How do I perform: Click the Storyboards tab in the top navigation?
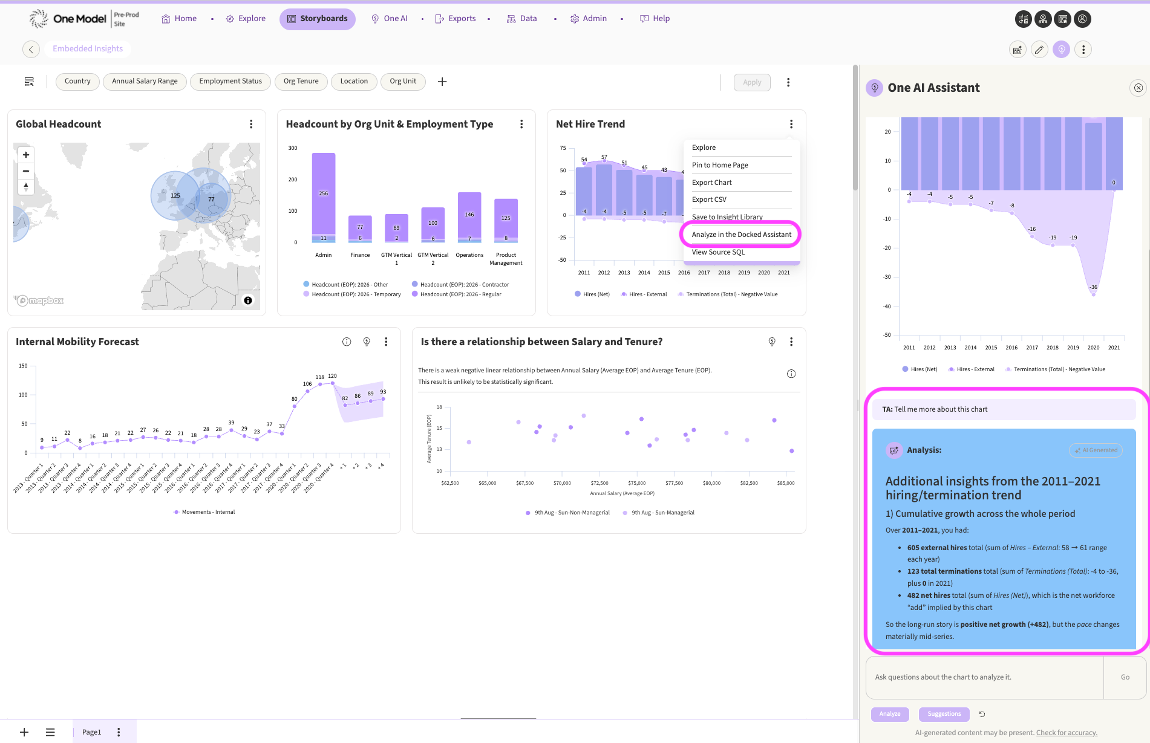tap(317, 19)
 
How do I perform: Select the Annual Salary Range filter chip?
tap(145, 82)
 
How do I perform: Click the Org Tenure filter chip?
tap(301, 82)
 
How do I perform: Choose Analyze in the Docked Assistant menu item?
tap(741, 235)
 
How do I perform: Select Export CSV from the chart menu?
tap(709, 200)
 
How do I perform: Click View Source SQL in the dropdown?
tap(718, 252)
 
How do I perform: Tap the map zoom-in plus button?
tap(26, 155)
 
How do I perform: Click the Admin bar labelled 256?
tap(324, 194)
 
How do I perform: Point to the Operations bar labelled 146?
tap(469, 215)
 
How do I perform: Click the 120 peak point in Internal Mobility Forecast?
tap(333, 383)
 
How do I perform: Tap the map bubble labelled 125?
tap(175, 195)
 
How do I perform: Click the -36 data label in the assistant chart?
tap(1093, 287)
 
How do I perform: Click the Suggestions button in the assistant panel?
tap(944, 714)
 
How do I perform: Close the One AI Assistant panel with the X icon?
tap(1138, 88)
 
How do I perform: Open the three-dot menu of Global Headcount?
tap(251, 124)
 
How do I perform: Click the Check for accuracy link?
tap(1067, 733)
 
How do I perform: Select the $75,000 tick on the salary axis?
tap(637, 483)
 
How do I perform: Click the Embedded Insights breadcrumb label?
tap(88, 49)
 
